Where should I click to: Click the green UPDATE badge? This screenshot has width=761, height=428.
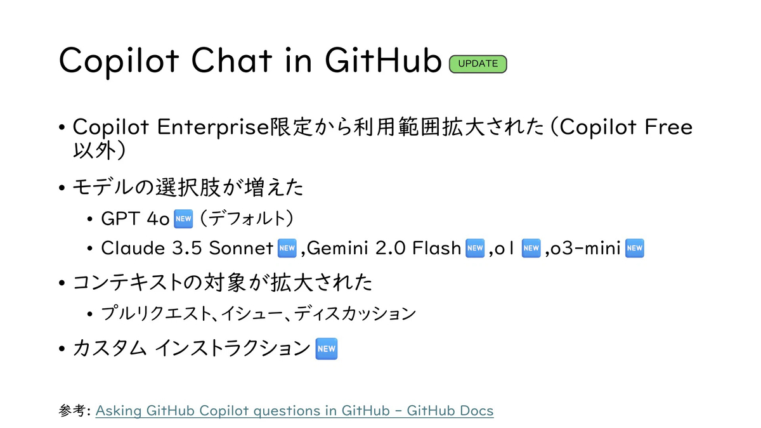coord(478,64)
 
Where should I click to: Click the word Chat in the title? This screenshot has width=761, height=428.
coord(232,60)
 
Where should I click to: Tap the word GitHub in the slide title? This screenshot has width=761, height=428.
coord(383,60)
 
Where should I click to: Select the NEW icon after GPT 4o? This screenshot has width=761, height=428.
coord(183,219)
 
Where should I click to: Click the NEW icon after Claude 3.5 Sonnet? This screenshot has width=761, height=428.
coord(287,249)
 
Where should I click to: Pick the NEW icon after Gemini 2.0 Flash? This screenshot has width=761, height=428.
coord(475,249)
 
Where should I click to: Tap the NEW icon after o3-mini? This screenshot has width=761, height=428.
coord(635,249)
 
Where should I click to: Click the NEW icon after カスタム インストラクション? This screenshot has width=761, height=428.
coord(327,349)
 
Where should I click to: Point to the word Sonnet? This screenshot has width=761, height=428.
coord(241,248)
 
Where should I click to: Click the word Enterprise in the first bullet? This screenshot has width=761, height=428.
coord(213,127)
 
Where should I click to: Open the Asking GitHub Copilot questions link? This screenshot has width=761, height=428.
coord(294,411)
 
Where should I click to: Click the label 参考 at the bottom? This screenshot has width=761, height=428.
coord(72,411)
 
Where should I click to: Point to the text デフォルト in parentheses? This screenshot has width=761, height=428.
coord(247,218)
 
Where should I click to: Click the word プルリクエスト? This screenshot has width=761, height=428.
coord(156,313)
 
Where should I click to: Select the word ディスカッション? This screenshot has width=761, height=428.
coord(355,313)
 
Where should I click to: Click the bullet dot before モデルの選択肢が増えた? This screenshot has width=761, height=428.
coord(62,188)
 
